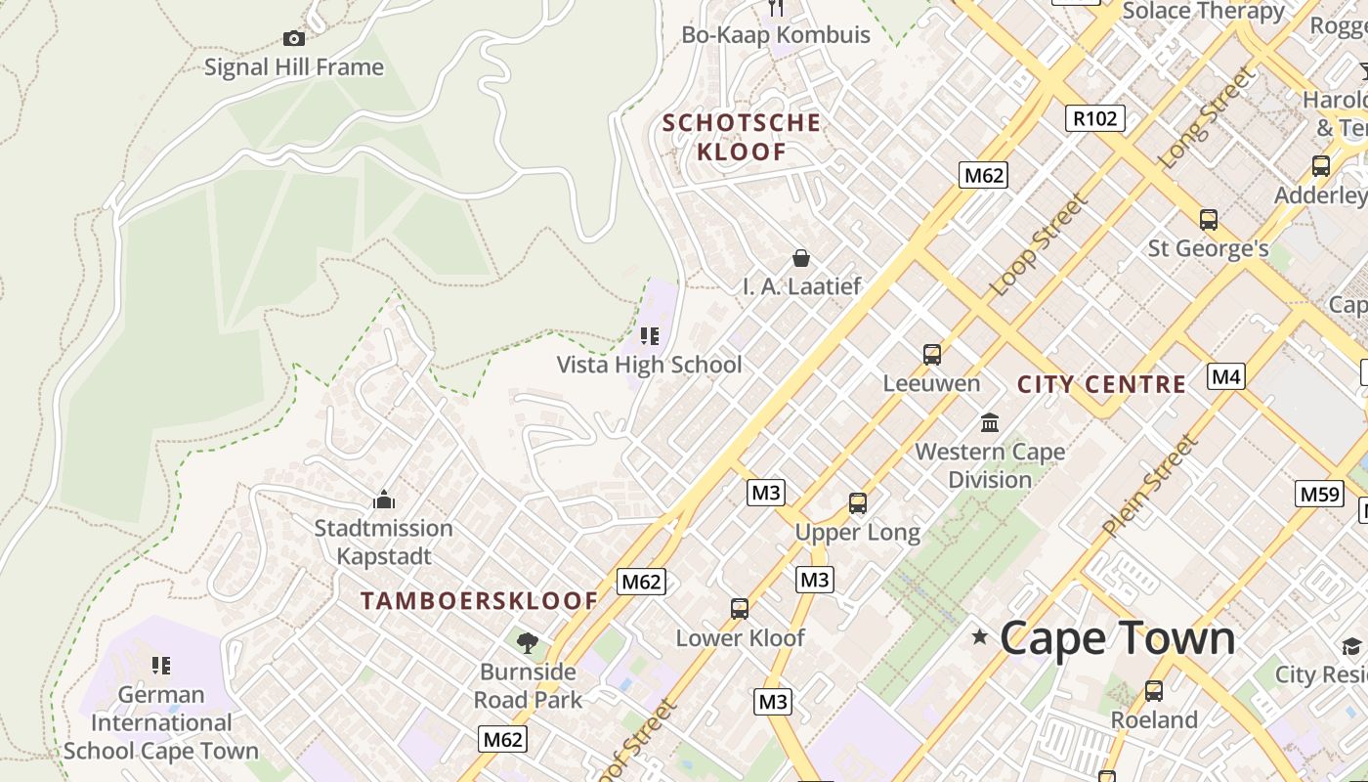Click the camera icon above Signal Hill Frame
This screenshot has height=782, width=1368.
293,39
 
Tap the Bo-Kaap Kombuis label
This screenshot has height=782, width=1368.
776,35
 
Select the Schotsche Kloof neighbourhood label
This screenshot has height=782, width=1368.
742,137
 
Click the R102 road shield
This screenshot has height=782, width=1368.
1094,119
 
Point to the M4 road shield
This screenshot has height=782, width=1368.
1226,376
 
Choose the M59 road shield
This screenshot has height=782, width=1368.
1319,495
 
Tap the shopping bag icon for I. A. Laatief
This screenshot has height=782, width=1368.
801,258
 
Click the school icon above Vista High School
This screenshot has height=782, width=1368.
650,337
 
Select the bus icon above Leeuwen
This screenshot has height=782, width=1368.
931,354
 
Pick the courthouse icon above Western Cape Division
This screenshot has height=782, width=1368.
990,423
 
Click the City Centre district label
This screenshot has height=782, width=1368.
1101,384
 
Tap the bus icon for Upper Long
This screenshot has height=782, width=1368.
858,503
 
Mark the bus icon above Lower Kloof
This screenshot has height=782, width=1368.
740,609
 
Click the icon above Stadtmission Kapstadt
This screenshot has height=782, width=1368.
383,500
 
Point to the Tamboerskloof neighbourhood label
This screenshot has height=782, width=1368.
479,601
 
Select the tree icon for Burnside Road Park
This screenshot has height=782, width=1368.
528,642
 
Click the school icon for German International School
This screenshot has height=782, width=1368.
161,666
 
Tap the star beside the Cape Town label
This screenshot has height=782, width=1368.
979,637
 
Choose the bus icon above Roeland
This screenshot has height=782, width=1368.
1154,691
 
